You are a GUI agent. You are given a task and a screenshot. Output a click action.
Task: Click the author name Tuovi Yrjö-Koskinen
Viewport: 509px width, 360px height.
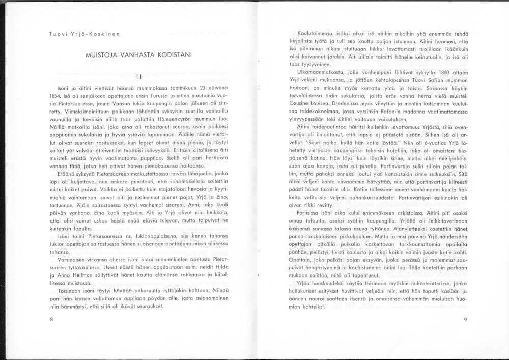(x=84, y=34)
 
